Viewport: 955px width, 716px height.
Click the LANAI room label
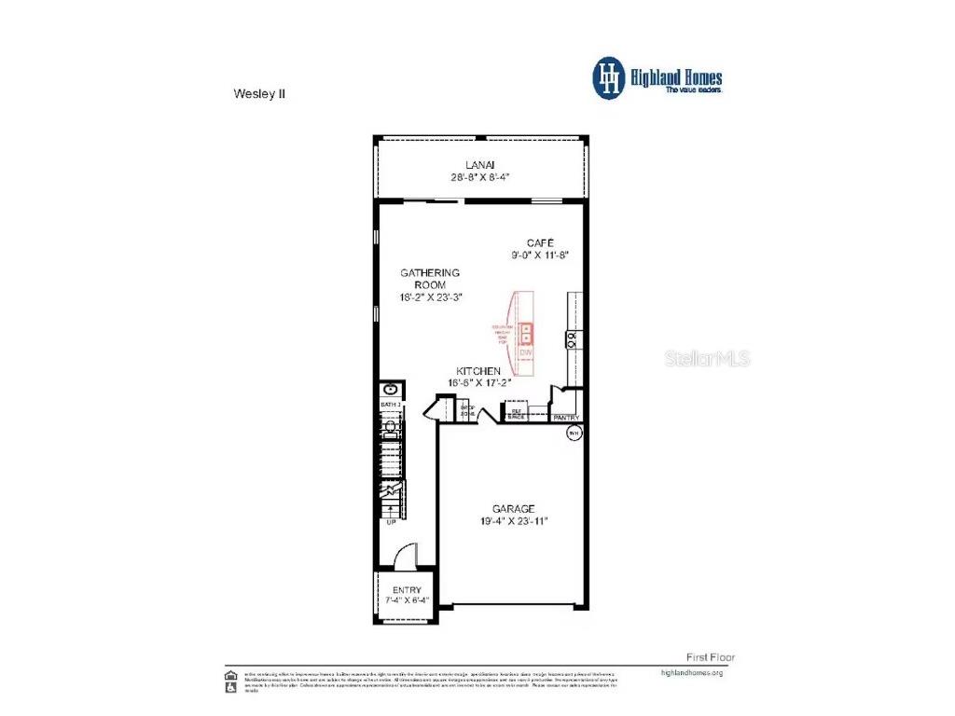point(480,164)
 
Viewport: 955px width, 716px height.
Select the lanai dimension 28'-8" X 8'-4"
point(480,176)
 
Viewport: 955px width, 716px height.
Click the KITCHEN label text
point(485,370)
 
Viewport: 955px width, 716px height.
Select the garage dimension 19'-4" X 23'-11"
point(514,521)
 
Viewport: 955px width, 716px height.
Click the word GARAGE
point(514,508)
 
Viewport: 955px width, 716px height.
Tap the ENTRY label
point(407,590)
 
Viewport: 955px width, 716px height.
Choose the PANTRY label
point(565,418)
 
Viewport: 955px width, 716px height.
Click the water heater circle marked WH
point(574,433)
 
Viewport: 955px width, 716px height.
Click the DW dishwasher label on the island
point(526,352)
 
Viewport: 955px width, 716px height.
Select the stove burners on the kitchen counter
point(571,339)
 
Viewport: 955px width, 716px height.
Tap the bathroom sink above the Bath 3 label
point(390,389)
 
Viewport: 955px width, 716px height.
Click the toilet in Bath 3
point(391,428)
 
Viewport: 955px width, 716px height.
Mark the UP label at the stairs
point(391,522)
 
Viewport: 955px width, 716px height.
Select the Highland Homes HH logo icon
point(610,77)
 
